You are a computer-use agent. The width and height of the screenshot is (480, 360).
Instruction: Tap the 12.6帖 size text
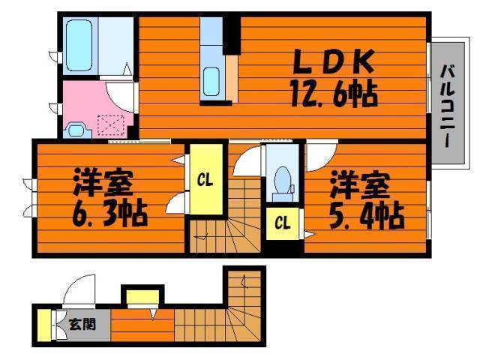pyautogui.click(x=334, y=93)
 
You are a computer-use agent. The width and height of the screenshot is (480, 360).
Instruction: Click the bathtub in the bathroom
pyautogui.click(x=79, y=45)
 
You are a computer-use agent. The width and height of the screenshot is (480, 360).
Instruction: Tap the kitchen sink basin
pyautogui.click(x=211, y=82)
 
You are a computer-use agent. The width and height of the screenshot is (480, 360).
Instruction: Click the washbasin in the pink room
pyautogui.click(x=76, y=130)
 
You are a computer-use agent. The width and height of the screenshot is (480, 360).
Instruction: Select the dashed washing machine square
pyautogui.click(x=111, y=126)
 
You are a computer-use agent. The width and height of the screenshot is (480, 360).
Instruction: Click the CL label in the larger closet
pyautogui.click(x=205, y=180)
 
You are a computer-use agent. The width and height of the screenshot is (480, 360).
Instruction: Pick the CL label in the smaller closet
pyautogui.click(x=282, y=223)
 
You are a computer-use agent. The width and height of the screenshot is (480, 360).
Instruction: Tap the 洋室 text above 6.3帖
pyautogui.click(x=103, y=182)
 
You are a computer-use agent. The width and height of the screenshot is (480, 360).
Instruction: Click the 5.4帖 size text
pyautogui.click(x=367, y=215)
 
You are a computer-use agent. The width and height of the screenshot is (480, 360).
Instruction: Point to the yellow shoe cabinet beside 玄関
pyautogui.click(x=44, y=325)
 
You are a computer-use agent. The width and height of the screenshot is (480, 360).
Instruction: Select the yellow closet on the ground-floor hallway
pyautogui.click(x=142, y=297)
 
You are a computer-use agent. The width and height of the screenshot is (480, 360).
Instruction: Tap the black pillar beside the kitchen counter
pyautogui.click(x=232, y=35)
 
